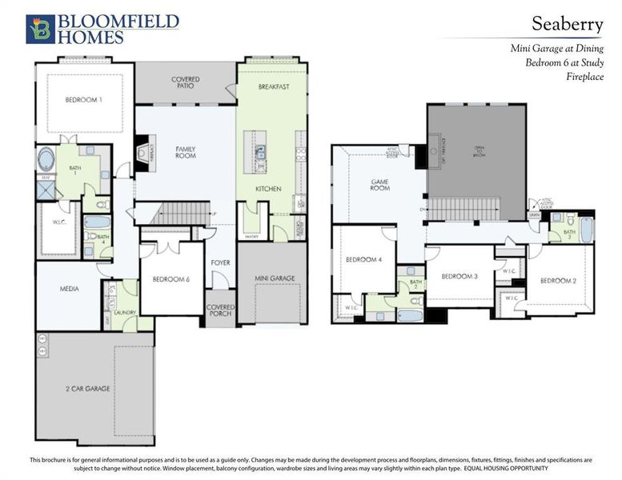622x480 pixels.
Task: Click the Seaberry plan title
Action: pyautogui.click(x=567, y=25)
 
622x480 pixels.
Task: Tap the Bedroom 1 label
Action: pyautogui.click(x=83, y=100)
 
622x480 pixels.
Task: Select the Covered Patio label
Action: pyautogui.click(x=185, y=83)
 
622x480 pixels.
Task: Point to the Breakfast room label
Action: pyautogui.click(x=273, y=86)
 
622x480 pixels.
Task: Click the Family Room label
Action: pyautogui.click(x=185, y=152)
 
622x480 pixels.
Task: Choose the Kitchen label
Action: pyautogui.click(x=267, y=189)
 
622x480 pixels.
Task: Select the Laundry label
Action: pyautogui.click(x=124, y=313)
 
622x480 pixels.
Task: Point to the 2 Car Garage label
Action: pyautogui.click(x=88, y=389)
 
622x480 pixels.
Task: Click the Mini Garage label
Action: pyautogui.click(x=275, y=278)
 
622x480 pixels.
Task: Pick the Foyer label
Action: pyautogui.click(x=220, y=262)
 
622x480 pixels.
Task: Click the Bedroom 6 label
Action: pyautogui.click(x=171, y=279)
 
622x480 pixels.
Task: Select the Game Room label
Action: pyautogui.click(x=379, y=184)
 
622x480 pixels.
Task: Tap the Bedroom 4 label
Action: pyautogui.click(x=363, y=260)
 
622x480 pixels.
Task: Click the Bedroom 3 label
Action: pyautogui.click(x=460, y=276)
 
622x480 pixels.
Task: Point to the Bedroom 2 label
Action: pyautogui.click(x=558, y=281)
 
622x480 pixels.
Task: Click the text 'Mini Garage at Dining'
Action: pyautogui.click(x=556, y=49)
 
